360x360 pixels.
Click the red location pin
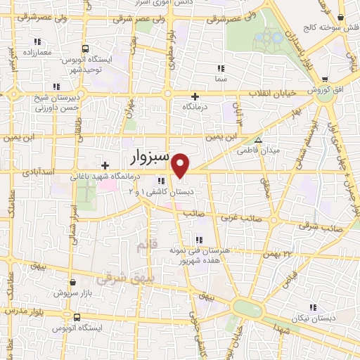tap(181, 165)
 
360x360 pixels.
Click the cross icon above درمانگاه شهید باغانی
tap(105, 165)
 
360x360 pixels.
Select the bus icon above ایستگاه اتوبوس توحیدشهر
tap(84, 49)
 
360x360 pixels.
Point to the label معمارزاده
tap(37, 53)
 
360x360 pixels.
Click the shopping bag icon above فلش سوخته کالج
tap(340, 18)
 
